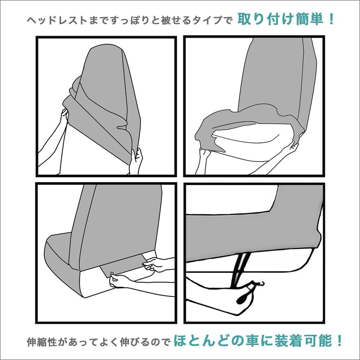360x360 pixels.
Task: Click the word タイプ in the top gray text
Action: [212, 20]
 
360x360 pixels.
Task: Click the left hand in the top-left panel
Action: [64, 116]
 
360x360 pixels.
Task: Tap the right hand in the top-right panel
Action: [291, 148]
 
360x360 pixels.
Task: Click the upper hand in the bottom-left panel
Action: [155, 264]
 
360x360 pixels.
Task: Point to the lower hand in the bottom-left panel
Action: [118, 280]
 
